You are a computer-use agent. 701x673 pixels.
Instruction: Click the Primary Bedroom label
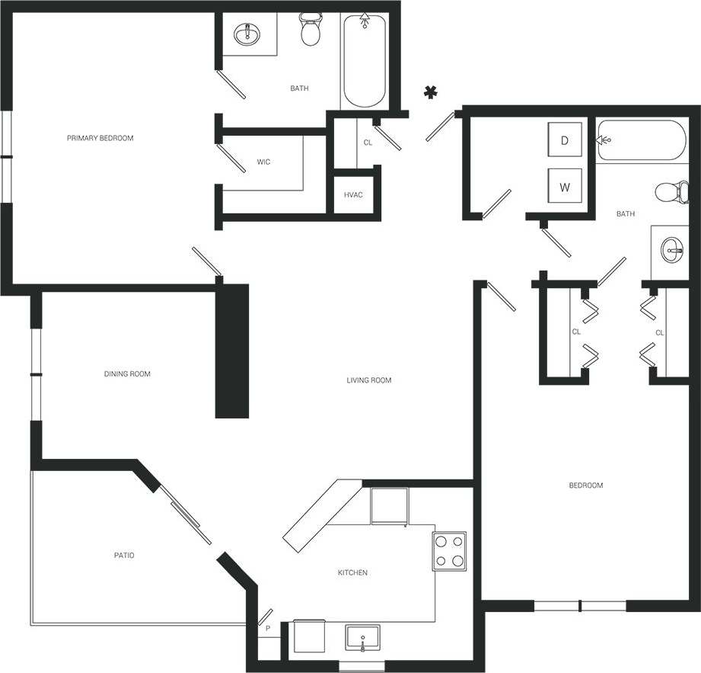pos(100,138)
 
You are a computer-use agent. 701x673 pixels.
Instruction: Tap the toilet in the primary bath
pos(310,30)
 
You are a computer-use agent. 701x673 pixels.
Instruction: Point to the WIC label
pos(263,162)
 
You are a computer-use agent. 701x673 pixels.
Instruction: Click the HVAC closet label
pos(353,195)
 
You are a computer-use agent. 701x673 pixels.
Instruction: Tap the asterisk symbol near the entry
pos(430,93)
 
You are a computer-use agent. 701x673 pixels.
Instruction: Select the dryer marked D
pos(565,140)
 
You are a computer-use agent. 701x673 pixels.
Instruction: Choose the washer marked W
pos(565,187)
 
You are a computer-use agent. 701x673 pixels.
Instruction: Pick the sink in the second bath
pos(671,248)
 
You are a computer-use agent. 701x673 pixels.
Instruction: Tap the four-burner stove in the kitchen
pos(449,551)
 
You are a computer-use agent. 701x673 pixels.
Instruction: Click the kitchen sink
pos(363,636)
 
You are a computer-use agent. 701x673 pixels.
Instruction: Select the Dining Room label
pos(127,374)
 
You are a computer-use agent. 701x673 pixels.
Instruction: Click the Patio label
pos(124,556)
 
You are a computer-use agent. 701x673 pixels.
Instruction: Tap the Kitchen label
pos(352,572)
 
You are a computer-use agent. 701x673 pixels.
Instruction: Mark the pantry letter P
pos(267,629)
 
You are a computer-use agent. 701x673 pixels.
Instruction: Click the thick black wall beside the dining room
pos(232,351)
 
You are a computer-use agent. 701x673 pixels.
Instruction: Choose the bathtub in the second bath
pos(641,140)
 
